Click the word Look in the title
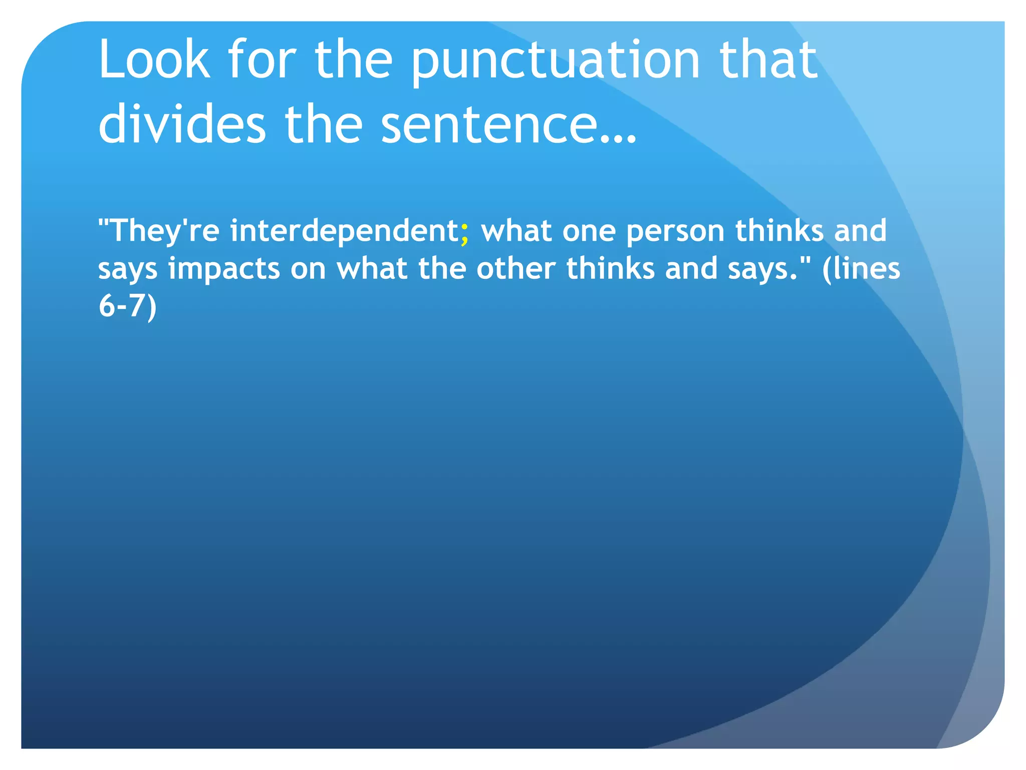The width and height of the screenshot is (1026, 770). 154,60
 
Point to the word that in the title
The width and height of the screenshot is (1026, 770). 768,60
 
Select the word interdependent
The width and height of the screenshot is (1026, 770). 344,231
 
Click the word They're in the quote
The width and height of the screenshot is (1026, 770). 165,231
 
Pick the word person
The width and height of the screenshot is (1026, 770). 675,232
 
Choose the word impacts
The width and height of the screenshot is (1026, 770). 224,269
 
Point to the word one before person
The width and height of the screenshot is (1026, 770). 589,232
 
